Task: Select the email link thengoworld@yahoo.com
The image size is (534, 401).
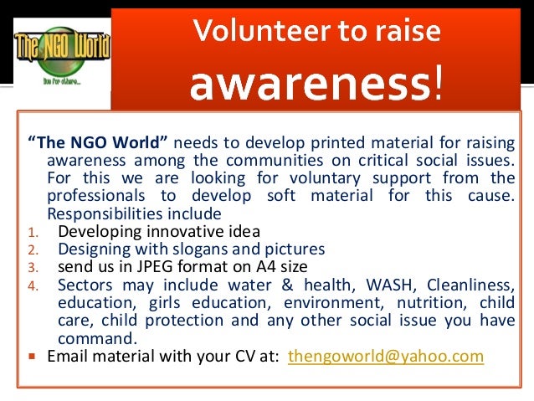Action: coord(385,356)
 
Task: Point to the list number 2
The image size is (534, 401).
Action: coord(31,250)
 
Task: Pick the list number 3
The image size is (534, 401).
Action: coord(31,268)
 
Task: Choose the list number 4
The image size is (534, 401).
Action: coord(31,286)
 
